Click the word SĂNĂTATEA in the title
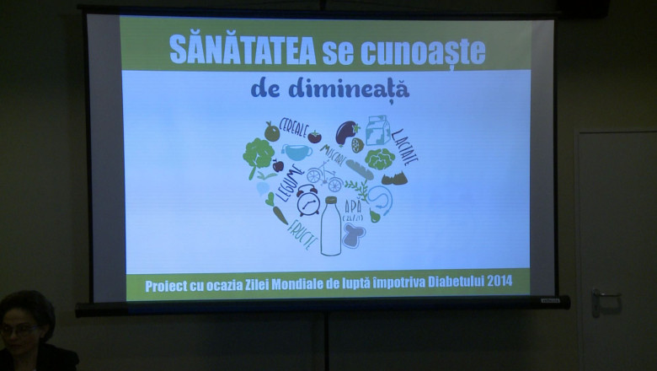pos(243,50)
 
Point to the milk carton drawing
pos(377,131)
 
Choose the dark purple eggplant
pos(346,132)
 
